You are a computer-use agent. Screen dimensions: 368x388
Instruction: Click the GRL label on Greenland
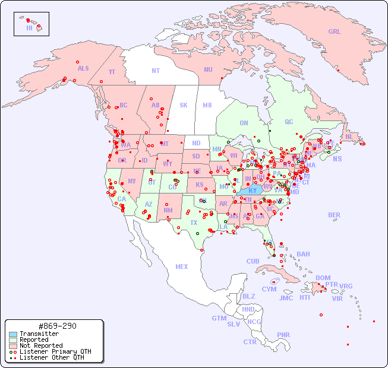click(x=335, y=32)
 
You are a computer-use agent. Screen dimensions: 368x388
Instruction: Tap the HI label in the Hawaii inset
click(x=29, y=28)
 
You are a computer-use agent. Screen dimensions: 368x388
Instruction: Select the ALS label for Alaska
click(x=83, y=68)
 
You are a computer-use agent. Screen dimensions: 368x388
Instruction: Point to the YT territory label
click(x=112, y=72)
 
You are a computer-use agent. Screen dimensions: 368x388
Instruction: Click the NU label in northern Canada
click(x=208, y=69)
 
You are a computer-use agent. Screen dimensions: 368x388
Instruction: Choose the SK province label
click(x=184, y=105)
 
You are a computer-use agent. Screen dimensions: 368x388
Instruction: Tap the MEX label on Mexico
click(x=182, y=267)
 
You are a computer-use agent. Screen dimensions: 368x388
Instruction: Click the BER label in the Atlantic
click(x=335, y=215)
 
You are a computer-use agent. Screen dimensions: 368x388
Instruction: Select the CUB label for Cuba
click(x=253, y=261)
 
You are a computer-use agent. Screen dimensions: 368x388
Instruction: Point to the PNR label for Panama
click(x=283, y=335)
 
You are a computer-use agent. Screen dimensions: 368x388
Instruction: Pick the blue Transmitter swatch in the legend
click(x=13, y=334)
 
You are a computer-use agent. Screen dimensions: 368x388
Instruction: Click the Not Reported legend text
click(x=41, y=345)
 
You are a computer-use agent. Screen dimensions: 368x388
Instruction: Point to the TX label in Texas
click(x=194, y=223)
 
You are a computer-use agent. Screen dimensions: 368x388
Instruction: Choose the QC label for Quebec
click(x=289, y=122)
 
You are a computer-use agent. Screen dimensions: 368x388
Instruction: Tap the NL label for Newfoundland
click(x=349, y=137)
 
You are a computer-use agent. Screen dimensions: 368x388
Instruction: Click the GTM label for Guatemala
click(x=219, y=318)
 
